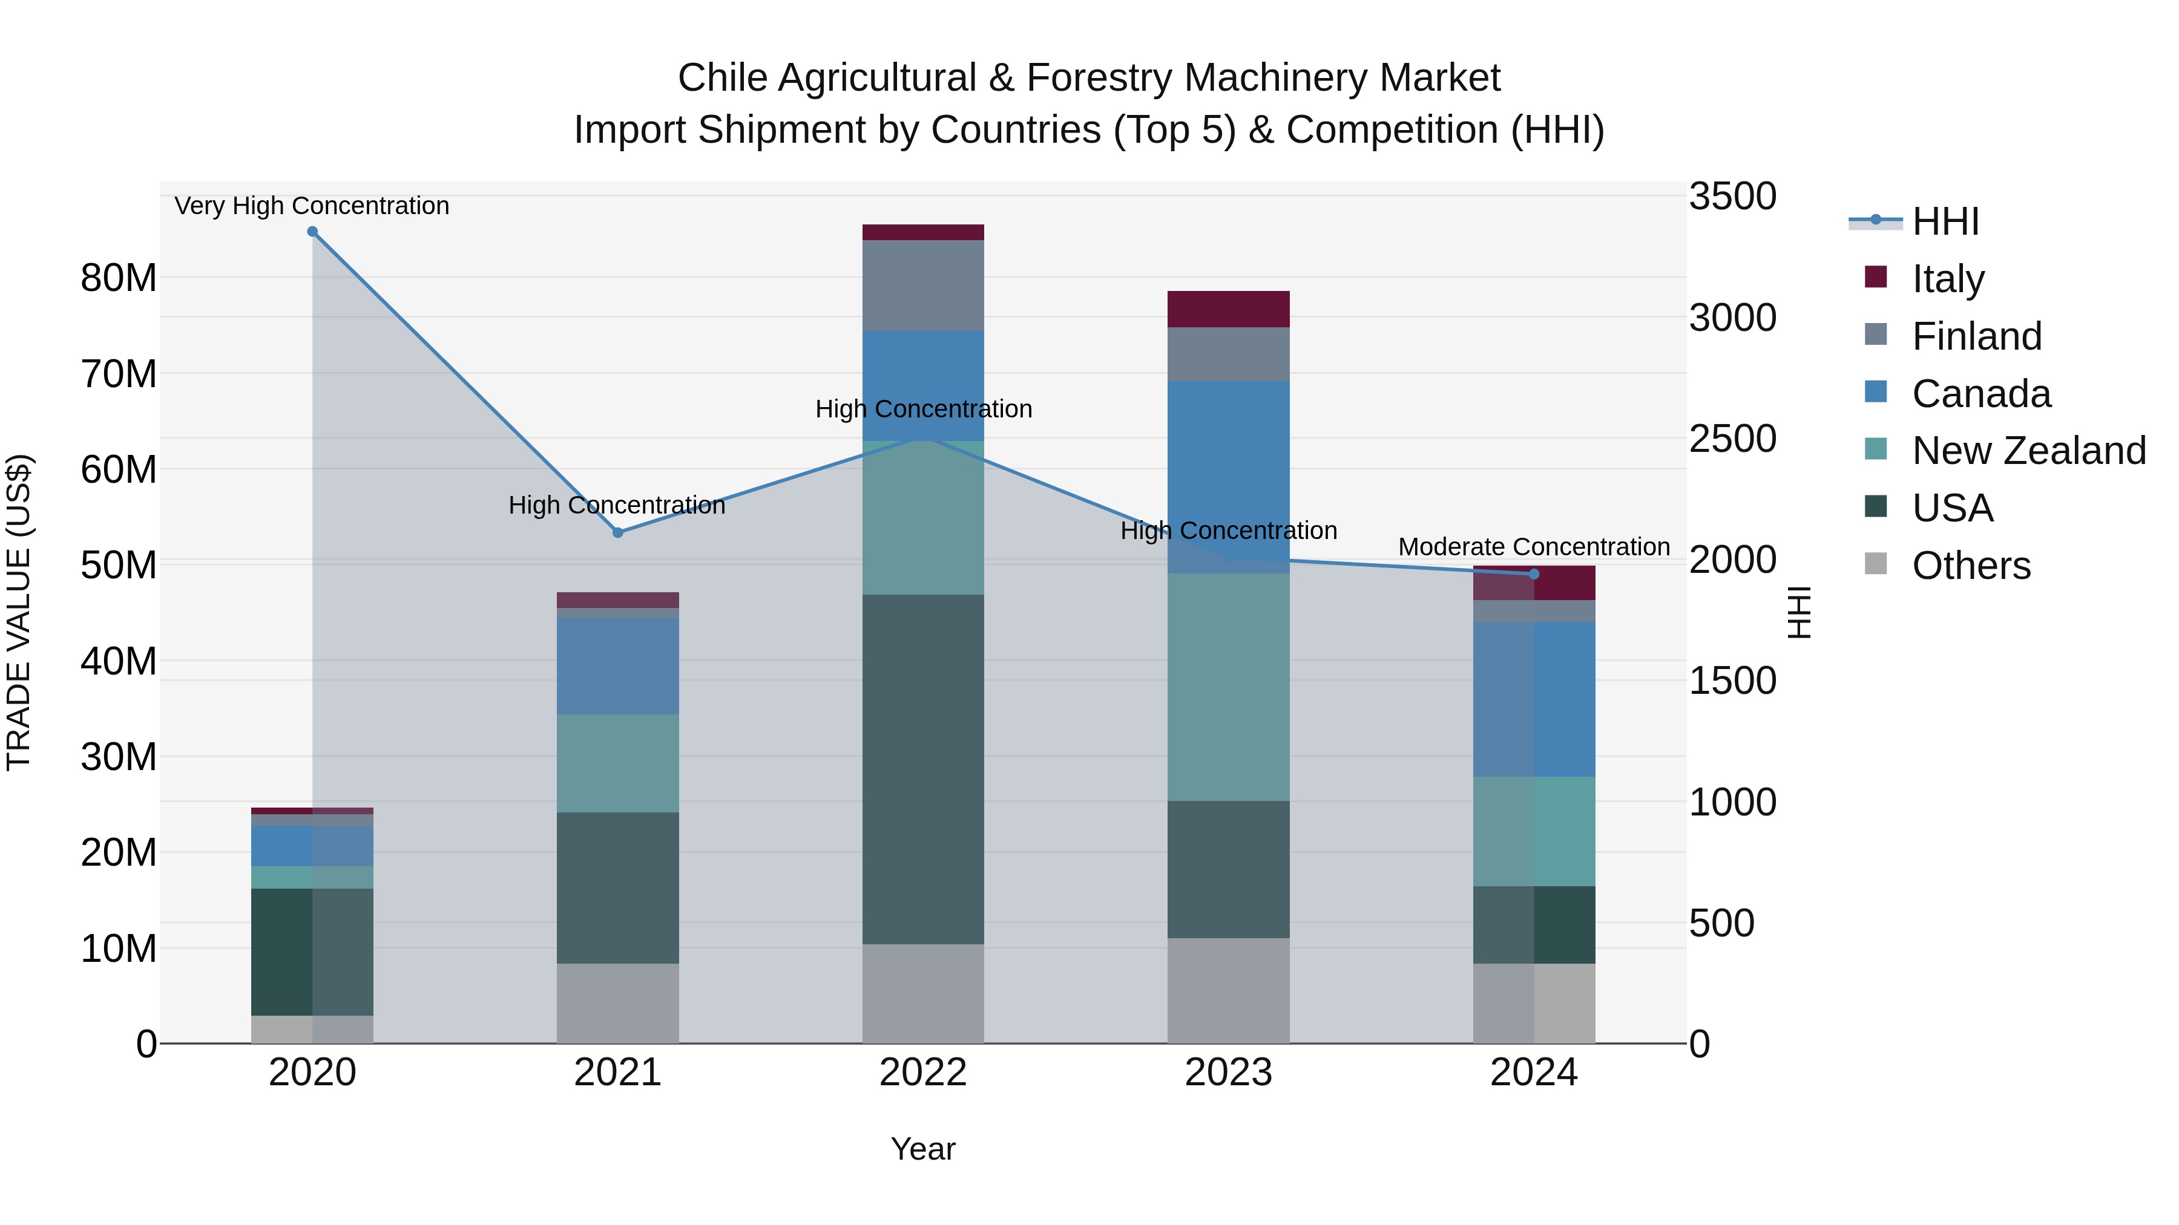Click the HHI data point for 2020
point(312,232)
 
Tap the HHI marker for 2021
point(617,532)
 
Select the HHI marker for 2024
point(1534,574)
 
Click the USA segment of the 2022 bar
point(923,769)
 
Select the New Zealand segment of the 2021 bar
point(617,763)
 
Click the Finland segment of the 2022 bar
point(923,286)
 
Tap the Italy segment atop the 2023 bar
point(1228,309)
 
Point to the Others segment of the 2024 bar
point(1534,1004)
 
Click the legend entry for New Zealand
point(2028,451)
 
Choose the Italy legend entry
point(1948,279)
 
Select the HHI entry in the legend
point(1945,221)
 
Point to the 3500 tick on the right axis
point(1732,196)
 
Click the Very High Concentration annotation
point(312,206)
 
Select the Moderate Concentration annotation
point(1534,547)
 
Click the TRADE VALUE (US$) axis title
point(19,612)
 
